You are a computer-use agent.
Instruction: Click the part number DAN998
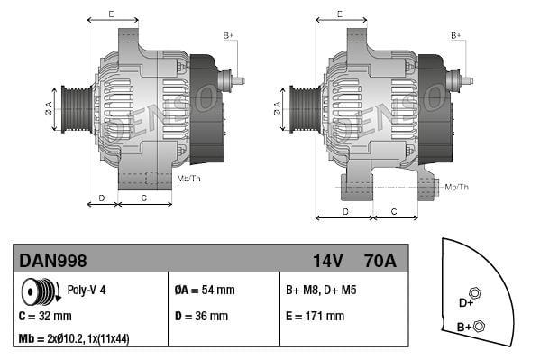tap(53, 261)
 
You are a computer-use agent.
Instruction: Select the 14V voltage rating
tap(328, 261)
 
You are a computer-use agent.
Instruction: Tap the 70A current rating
tap(379, 261)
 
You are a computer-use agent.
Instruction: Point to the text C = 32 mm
tap(45, 317)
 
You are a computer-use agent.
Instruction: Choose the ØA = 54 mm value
tap(204, 291)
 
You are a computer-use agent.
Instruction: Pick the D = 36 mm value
tap(201, 317)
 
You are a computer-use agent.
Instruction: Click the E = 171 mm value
tap(315, 317)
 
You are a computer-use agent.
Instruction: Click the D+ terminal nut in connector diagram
tap(475, 293)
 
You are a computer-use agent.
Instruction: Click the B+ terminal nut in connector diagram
tap(479, 326)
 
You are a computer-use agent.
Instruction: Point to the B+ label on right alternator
tap(456, 35)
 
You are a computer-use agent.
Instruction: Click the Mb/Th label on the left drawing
tap(189, 178)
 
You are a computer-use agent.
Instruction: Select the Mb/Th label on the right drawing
tap(457, 187)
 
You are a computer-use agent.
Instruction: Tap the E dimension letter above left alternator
tap(111, 14)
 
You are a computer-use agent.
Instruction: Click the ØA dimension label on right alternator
tap(277, 109)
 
